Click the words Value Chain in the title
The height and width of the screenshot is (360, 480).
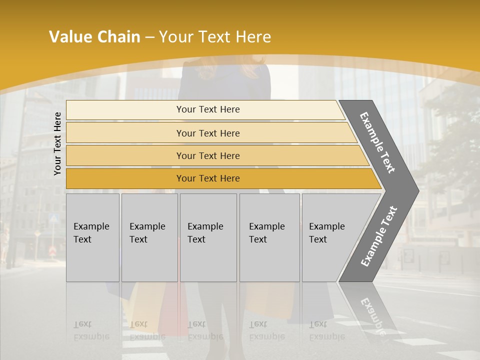point(94,37)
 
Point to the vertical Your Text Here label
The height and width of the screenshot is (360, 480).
point(57,143)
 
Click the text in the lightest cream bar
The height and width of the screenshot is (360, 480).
point(208,109)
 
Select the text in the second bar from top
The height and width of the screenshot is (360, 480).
point(208,133)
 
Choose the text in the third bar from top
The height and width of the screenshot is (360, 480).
point(208,156)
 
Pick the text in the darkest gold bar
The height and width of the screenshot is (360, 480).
point(208,178)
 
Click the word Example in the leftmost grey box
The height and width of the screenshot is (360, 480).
point(91,226)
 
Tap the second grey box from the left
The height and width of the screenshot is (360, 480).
point(149,237)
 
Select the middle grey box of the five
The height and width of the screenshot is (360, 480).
point(208,237)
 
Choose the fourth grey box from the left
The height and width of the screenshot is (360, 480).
point(269,237)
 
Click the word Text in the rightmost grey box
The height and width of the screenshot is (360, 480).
point(318,239)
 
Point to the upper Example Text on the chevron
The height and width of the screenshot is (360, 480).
point(377,142)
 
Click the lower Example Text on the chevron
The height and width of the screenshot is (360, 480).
point(378,236)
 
